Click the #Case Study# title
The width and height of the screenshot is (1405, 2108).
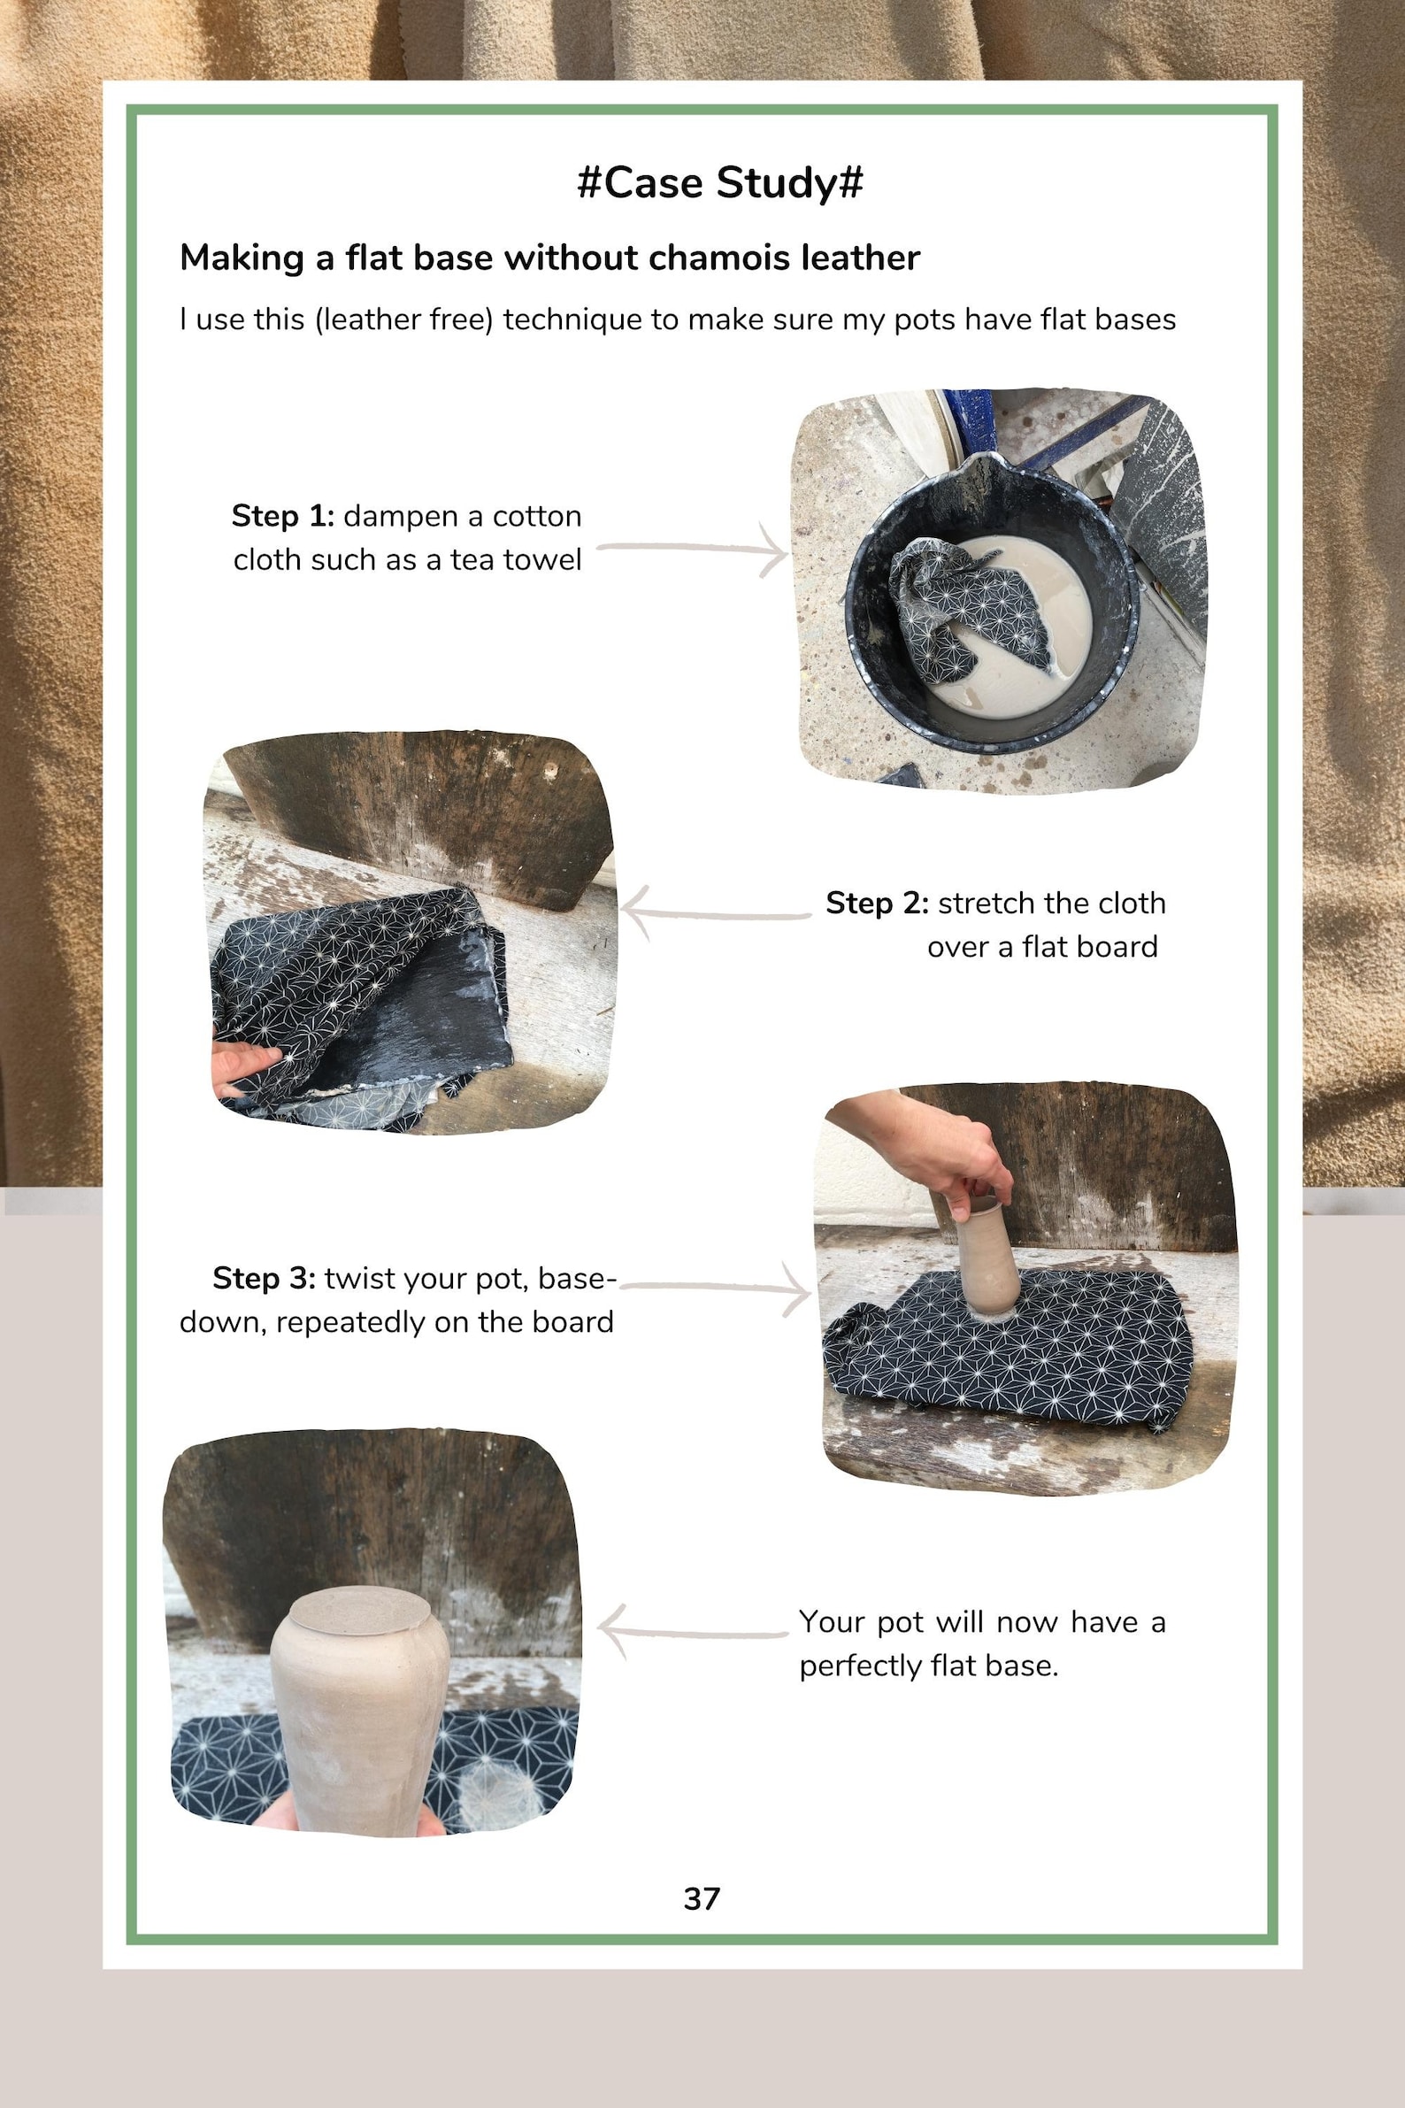(719, 183)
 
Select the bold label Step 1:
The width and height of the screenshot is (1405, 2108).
(282, 516)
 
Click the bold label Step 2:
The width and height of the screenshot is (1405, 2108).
(876, 904)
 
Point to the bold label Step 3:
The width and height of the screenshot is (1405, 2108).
(264, 1278)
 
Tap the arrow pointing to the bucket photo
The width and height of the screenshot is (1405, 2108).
(693, 548)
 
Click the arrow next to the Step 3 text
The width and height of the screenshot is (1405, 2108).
(717, 1288)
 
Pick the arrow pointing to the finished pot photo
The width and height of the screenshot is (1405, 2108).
(691, 1633)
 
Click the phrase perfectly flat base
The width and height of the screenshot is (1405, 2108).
(928, 1666)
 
